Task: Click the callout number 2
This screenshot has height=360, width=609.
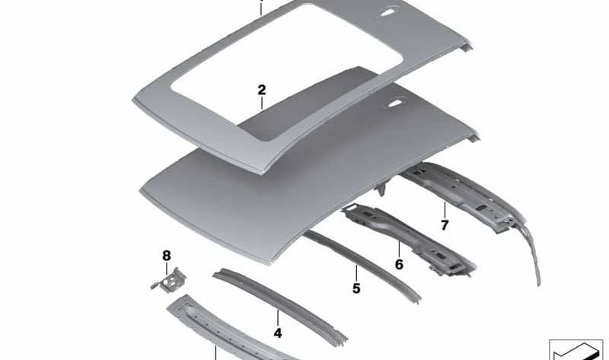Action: point(262,90)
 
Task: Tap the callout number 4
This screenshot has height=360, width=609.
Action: point(278,333)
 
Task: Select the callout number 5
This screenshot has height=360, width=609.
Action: point(356,288)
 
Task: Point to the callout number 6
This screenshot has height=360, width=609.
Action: point(398,265)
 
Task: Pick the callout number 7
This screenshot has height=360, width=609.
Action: point(445,225)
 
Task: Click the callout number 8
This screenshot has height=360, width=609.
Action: point(167,255)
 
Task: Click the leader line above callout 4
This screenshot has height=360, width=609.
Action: point(278,318)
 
